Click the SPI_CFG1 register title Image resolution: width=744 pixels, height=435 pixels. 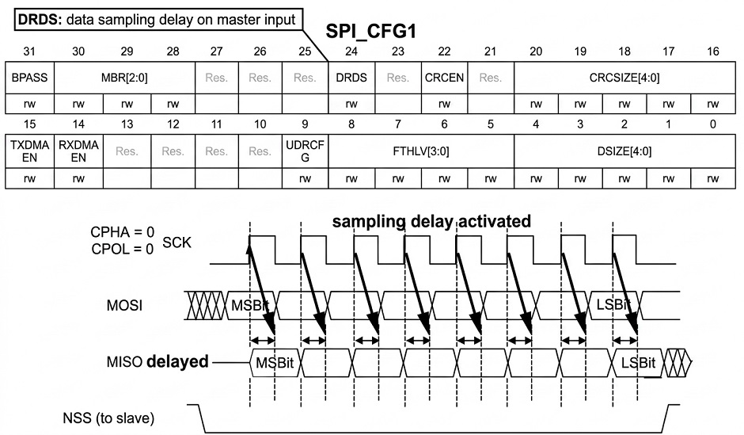coord(370,32)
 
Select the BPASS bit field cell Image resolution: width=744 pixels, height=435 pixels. coord(29,78)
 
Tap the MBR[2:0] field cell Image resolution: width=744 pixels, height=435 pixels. coord(124,78)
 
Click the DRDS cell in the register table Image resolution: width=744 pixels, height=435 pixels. coord(351,78)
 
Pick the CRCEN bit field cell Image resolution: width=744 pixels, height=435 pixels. coord(444,78)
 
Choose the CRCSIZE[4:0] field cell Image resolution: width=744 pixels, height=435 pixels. coord(624,78)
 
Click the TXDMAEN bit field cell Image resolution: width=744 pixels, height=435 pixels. coord(29,151)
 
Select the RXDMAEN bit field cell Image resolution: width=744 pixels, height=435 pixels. coord(78,151)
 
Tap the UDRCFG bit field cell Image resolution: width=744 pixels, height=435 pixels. coord(305,151)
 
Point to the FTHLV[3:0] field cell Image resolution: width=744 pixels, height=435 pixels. coord(421,151)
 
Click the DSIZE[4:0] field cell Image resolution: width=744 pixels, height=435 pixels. coord(624,151)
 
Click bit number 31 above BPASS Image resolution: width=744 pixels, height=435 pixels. coord(29,52)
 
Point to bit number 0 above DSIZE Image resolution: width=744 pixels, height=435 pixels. coord(712,124)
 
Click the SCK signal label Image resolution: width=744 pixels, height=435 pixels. coord(177,242)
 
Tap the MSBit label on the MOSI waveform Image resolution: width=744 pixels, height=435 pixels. coord(250,305)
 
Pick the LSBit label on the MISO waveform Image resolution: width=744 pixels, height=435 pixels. coord(638,363)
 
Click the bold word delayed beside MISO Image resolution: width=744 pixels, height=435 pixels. coord(177,361)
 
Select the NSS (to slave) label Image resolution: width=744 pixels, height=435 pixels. coord(108,418)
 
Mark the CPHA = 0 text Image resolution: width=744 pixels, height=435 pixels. coord(123,231)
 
